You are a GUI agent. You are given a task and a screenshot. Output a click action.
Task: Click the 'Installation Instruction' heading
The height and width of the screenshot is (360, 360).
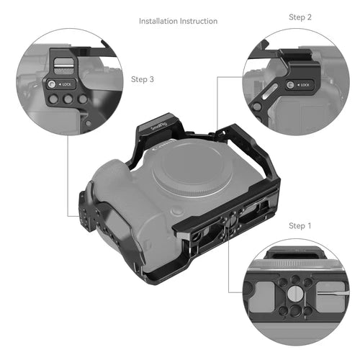point(178,21)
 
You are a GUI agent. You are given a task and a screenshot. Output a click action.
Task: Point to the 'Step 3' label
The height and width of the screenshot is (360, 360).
point(143,79)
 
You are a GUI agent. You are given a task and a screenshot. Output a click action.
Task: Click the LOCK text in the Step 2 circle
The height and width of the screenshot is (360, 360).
point(305,86)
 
